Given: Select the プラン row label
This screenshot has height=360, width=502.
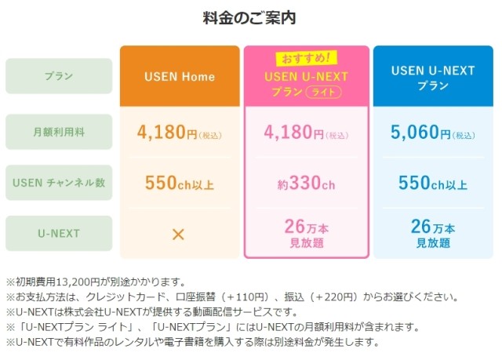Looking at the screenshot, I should point(59,76).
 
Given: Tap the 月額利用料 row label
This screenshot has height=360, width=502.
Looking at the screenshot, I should point(59,130).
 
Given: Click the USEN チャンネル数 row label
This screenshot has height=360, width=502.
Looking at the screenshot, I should point(59,184).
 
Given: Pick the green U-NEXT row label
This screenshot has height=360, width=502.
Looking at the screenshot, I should point(59,234).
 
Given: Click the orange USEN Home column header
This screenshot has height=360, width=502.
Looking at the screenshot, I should point(180,77).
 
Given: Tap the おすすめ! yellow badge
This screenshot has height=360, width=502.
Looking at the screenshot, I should point(305,57).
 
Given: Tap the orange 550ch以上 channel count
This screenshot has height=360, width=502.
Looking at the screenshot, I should point(180,184).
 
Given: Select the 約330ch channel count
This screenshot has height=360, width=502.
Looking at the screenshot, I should point(307,184).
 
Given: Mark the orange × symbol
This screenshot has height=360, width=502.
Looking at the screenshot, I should point(179,234).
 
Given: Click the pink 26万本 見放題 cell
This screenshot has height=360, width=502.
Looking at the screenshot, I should point(307,234).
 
